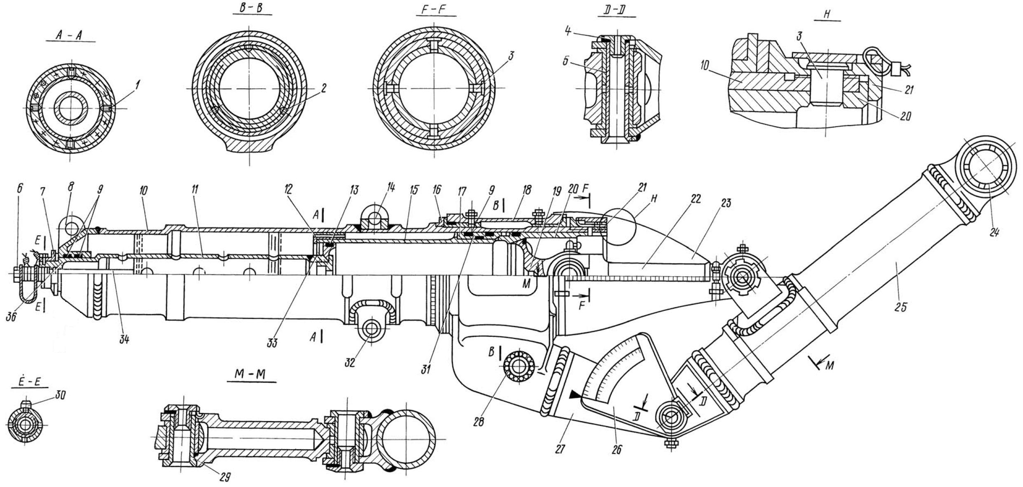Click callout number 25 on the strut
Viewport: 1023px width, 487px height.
coord(901,307)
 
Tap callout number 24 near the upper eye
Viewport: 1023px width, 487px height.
coord(994,232)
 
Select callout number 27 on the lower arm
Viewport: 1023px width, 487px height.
coord(561,448)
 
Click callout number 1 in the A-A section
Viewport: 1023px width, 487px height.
coord(138,85)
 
